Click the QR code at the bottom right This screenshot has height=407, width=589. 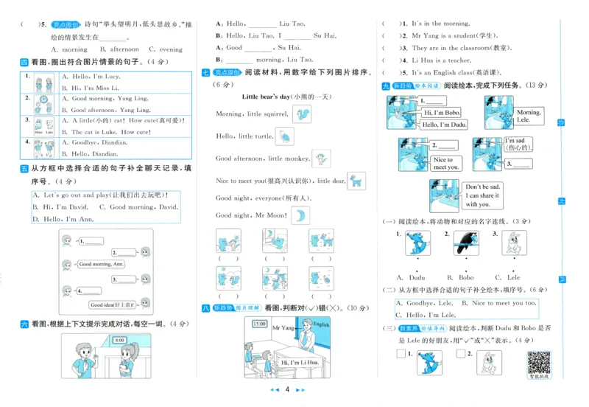[539, 362]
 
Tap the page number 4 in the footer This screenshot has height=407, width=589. [287, 389]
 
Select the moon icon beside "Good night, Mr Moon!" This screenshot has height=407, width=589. [300, 215]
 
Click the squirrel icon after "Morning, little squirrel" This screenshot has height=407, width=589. [301, 114]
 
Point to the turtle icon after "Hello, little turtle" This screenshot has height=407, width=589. [284, 136]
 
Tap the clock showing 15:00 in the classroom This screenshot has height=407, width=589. [259, 323]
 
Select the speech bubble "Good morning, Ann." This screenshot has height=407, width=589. [101, 263]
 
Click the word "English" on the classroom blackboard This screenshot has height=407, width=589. [322, 324]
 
